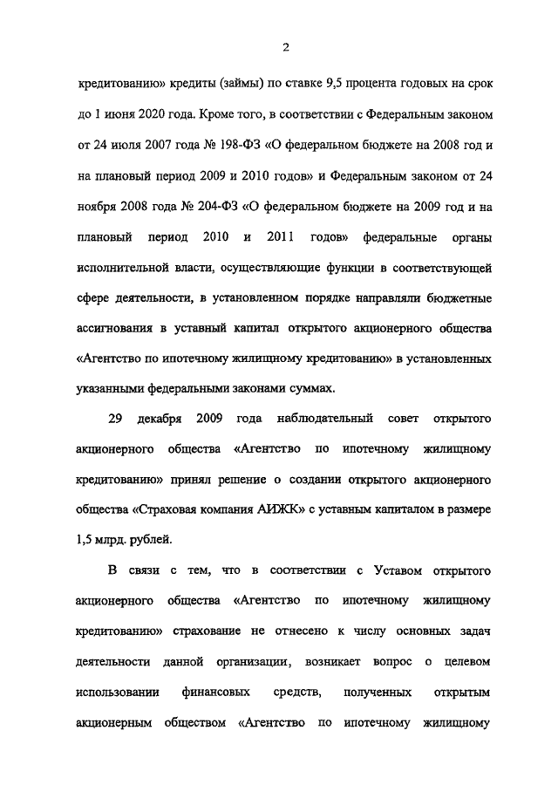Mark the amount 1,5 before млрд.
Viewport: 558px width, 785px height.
[87, 538]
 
